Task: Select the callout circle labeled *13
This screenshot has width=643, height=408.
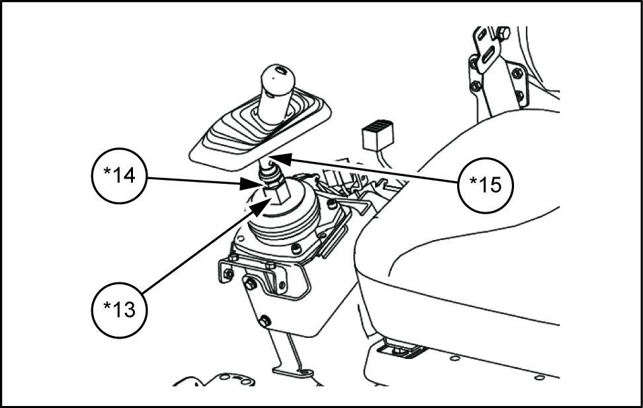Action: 120,309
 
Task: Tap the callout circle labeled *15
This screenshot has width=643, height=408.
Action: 486,185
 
